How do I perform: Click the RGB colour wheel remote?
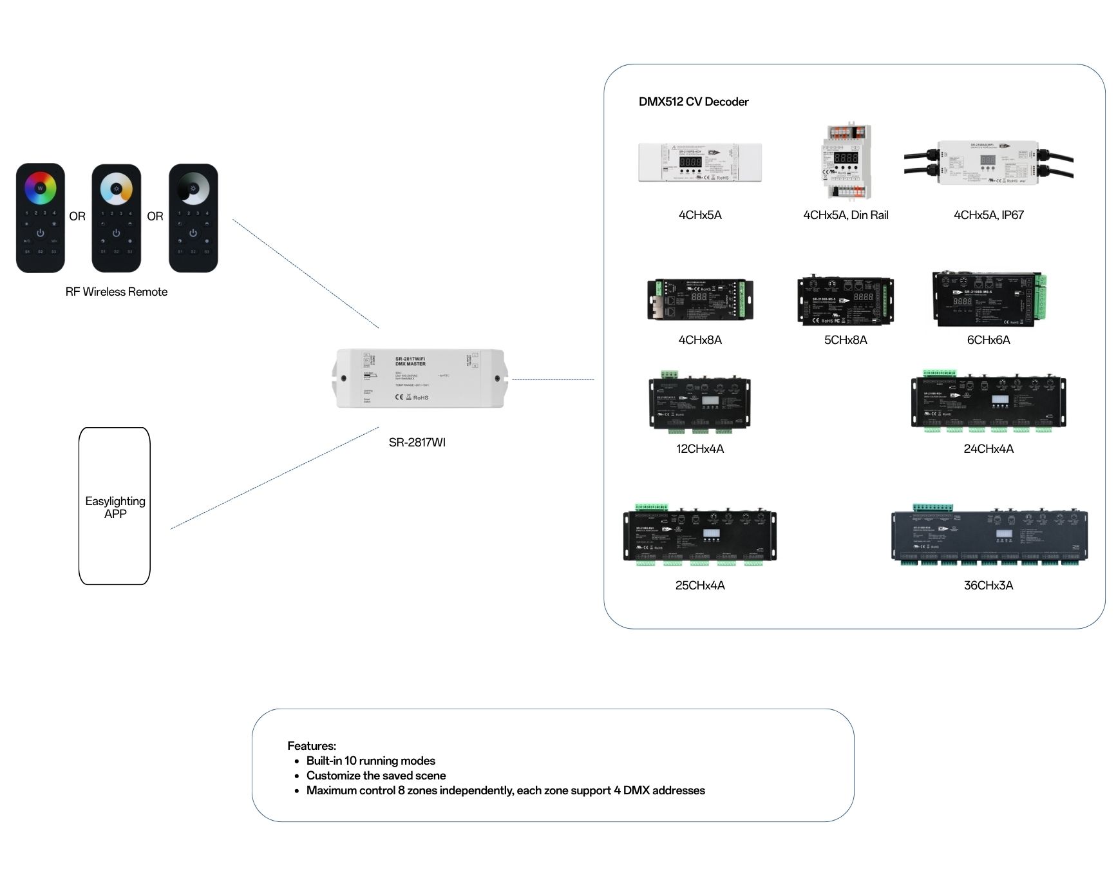tap(41, 218)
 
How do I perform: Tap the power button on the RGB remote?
tap(41, 233)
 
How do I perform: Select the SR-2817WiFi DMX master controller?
tap(419, 378)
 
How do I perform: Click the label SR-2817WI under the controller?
tap(417, 443)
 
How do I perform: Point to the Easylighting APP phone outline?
tap(115, 506)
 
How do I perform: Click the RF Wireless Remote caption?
tap(117, 292)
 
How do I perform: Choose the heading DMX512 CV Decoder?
tap(694, 102)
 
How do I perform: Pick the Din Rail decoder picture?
tap(846, 162)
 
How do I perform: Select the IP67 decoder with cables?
tap(988, 162)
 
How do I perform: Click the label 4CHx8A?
tap(700, 340)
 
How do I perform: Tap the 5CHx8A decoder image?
tap(846, 301)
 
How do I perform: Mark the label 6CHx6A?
tap(988, 340)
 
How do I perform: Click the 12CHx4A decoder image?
tap(700, 405)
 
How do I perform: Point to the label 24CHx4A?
tap(988, 449)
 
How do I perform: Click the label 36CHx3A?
tap(988, 586)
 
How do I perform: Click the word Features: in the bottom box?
tap(312, 746)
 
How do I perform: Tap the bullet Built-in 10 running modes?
tap(371, 761)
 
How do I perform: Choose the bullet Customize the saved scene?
tap(376, 776)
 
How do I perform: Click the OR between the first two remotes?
tap(77, 216)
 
